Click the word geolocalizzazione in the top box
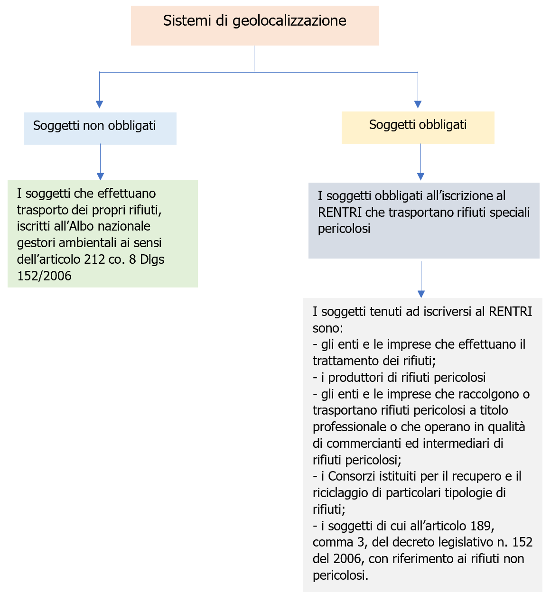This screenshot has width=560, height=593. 289,21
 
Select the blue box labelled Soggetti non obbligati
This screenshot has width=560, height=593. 100,128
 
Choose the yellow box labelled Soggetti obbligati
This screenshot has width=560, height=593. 418,127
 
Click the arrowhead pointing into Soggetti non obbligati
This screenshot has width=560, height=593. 99,104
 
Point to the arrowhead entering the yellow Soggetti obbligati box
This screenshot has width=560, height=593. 418,104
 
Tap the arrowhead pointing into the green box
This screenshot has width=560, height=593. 100,176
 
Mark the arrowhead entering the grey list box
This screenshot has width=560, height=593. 421,294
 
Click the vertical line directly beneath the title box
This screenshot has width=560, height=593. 254,58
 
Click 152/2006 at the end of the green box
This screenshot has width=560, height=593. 44,276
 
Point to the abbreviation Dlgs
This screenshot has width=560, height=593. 152,259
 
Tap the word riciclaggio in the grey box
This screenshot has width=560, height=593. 341,493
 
